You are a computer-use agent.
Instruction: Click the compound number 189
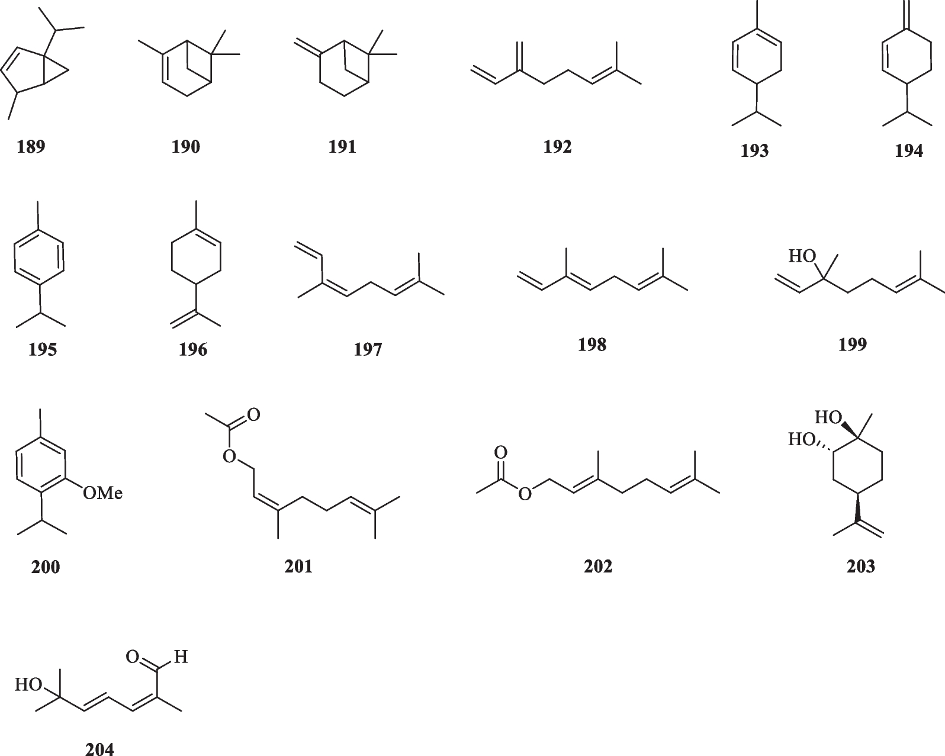[x=31, y=146]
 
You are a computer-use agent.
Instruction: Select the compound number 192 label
[x=557, y=146]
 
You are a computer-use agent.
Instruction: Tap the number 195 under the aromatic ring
[x=43, y=349]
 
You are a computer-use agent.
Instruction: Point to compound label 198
[x=592, y=345]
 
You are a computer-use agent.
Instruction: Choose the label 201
[x=298, y=567]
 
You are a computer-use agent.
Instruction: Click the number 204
[x=99, y=749]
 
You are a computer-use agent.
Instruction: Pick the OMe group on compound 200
[x=102, y=493]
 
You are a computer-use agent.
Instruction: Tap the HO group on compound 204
[x=28, y=685]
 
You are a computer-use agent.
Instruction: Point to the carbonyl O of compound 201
[x=254, y=414]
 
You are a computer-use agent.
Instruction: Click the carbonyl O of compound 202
[x=500, y=453]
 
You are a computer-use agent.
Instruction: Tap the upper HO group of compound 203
[x=828, y=417]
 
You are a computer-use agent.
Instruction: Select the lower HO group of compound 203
[x=801, y=439]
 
